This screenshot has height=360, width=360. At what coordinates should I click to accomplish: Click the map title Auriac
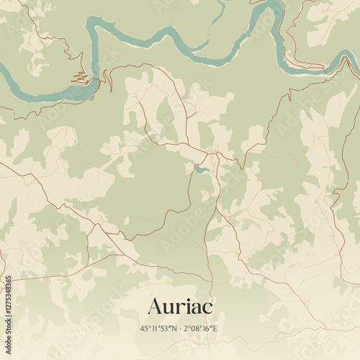coord(180,306)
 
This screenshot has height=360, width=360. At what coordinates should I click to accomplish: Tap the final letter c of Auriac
coord(208,307)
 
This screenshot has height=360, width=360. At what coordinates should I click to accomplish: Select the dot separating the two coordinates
coord(180,329)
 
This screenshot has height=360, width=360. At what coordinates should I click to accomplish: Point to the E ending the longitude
coord(216,329)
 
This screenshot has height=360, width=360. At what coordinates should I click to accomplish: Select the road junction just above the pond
coord(212,153)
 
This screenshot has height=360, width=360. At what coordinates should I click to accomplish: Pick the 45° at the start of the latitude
coord(145,329)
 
